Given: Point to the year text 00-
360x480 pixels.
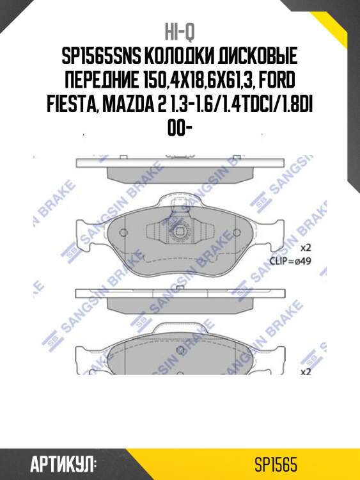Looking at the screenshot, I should tap(180, 128).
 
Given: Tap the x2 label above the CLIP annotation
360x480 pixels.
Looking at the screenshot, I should tap(305, 247).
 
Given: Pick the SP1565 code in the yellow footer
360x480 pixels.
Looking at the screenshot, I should tap(275, 463).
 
